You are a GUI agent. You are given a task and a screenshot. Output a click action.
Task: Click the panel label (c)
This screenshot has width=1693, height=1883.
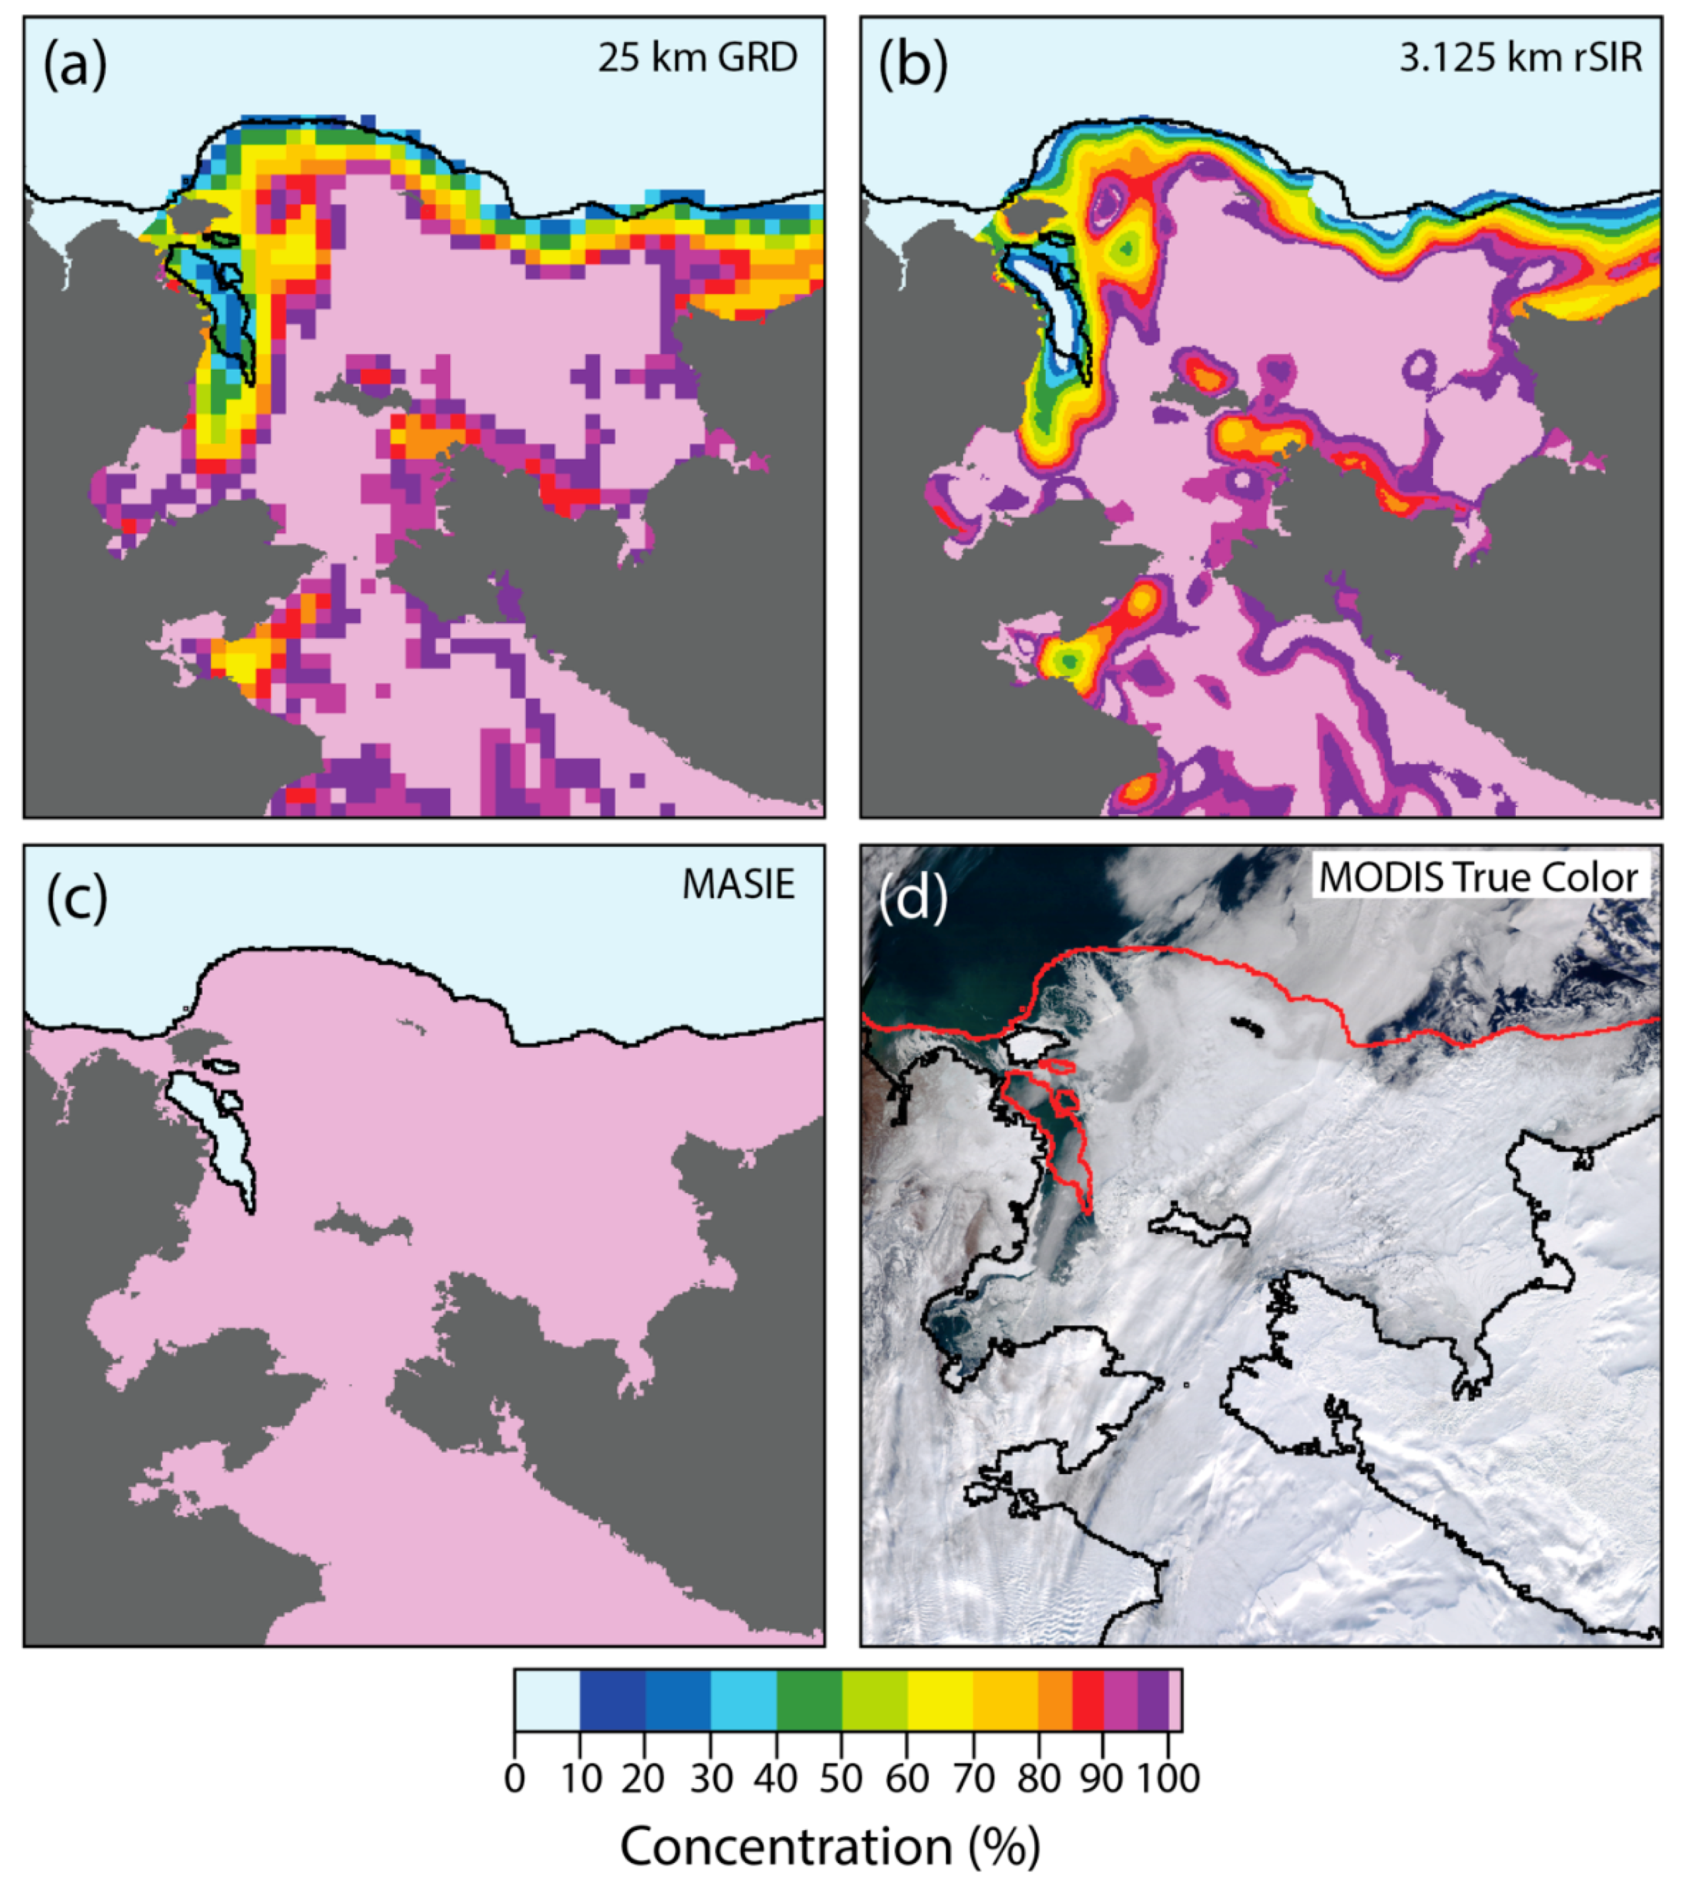coord(77,898)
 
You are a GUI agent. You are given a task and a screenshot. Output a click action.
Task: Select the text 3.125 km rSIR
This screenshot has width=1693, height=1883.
coord(1521,58)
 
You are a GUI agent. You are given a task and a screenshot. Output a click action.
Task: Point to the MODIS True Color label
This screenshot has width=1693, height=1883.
coord(1478,878)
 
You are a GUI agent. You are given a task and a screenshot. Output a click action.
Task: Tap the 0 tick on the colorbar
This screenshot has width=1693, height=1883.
coord(515,1778)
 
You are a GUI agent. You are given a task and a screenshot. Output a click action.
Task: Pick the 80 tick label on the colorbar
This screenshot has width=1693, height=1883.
coord(1038,1778)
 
